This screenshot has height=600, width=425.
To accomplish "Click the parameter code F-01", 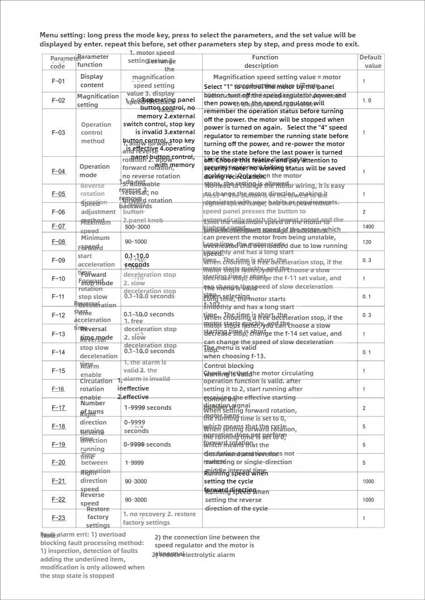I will pyautogui.click(x=58, y=81).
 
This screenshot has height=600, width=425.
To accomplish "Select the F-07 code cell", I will pyautogui.click(x=58, y=226).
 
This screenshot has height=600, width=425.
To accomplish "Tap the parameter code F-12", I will pyautogui.click(x=58, y=315).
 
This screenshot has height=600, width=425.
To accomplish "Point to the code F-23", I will pyautogui.click(x=58, y=518).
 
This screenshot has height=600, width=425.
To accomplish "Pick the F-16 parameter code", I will pyautogui.click(x=58, y=389).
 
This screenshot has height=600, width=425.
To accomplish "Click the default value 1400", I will pyautogui.click(x=368, y=226).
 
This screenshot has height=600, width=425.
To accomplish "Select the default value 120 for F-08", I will pyautogui.click(x=367, y=242).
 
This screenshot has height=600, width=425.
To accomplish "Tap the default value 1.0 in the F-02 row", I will pyautogui.click(x=367, y=100).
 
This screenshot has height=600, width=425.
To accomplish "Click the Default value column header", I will pyautogui.click(x=371, y=61).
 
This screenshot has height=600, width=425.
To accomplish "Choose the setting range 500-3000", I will pyautogui.click(x=138, y=226).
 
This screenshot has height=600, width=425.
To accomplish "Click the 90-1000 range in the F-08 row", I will pyautogui.click(x=136, y=242).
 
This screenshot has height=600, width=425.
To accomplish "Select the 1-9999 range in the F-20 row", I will pyautogui.click(x=134, y=462).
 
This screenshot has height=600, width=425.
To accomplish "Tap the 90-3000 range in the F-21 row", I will pyautogui.click(x=136, y=481).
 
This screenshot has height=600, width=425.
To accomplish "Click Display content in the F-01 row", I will pyautogui.click(x=92, y=81).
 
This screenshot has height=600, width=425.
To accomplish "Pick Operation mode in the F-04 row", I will pyautogui.click(x=95, y=171).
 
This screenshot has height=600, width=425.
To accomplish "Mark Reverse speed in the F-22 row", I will pyautogui.click(x=92, y=499).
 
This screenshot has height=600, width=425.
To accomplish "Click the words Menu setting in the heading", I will pyautogui.click(x=61, y=35).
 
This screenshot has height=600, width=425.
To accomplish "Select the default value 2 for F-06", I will pyautogui.click(x=364, y=212).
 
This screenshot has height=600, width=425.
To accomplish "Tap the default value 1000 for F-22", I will pyautogui.click(x=368, y=500).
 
